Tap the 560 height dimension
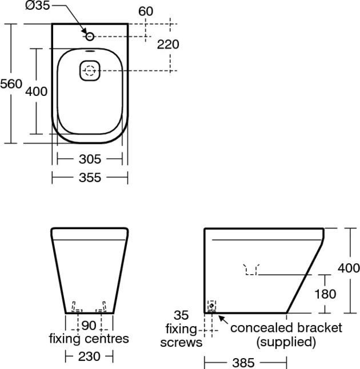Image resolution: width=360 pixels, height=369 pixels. tap(11, 84)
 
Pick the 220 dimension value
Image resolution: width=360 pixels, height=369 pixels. tap(168, 45)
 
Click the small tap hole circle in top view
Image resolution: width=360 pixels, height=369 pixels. tap(90, 36)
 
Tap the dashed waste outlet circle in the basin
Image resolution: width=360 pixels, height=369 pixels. tap(89, 71)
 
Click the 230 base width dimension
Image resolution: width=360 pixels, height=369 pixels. tap(89, 356)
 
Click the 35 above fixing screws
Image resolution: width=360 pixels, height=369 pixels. tap(181, 316)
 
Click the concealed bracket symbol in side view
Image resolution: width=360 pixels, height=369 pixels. tap(212, 306)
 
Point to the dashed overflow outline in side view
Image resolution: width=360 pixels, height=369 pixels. tap(251, 268)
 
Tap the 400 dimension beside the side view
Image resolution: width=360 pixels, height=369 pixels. tap(348, 267)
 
